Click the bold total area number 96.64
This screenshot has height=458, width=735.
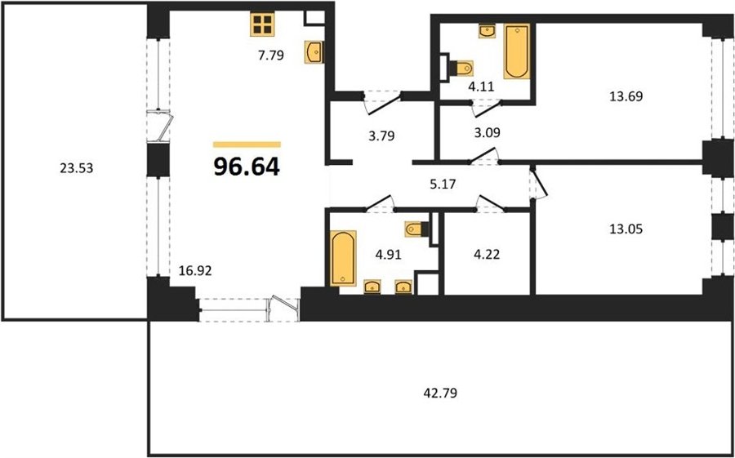pyautogui.click(x=247, y=167)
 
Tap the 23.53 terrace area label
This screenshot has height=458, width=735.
pyautogui.click(x=77, y=168)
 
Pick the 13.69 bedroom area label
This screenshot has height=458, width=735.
pyautogui.click(x=626, y=97)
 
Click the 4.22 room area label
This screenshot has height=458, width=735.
pyautogui.click(x=487, y=254)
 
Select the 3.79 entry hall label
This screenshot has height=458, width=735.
pyautogui.click(x=381, y=136)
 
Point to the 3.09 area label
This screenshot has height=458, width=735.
pyautogui.click(x=487, y=133)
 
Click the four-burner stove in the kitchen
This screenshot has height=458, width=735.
pyautogui.click(x=262, y=24)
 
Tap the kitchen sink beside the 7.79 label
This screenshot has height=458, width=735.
pyautogui.click(x=314, y=51)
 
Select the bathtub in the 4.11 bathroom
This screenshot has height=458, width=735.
pyautogui.click(x=517, y=51)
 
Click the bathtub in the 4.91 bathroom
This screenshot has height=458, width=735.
pyautogui.click(x=343, y=258)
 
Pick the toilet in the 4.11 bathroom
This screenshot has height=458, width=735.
pyautogui.click(x=461, y=69)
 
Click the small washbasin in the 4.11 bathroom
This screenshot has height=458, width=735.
pyautogui.click(x=488, y=31)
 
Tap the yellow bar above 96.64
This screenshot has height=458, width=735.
pyautogui.click(x=247, y=145)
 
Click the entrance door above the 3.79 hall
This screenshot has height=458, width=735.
pyautogui.click(x=383, y=102)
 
